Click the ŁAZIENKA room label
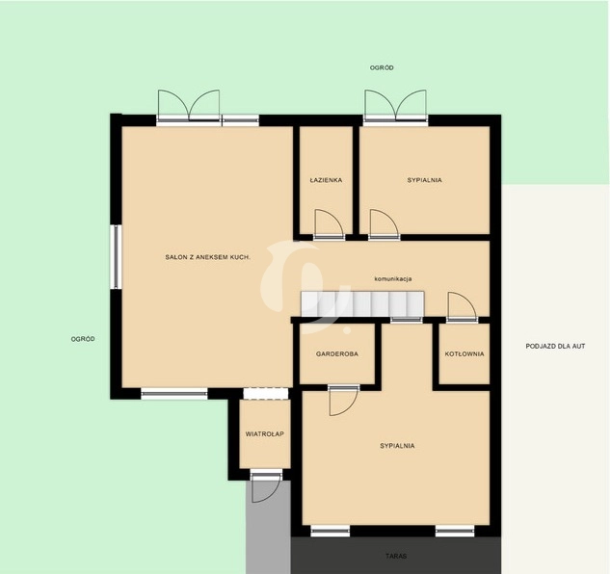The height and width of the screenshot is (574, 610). point(326,180)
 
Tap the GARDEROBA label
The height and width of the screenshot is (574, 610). point(337,353)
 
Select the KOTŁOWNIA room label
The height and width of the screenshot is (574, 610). point(464,353)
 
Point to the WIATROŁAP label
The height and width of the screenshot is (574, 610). point(265,434)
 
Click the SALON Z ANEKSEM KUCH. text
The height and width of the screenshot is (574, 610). point(207,257)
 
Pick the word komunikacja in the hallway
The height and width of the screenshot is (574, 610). point(393,279)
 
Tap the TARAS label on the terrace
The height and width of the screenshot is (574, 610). point(396,556)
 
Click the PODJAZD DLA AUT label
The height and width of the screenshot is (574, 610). point(555,346)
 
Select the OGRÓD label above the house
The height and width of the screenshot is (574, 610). point(382,67)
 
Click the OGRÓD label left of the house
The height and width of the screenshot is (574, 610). point(83,339)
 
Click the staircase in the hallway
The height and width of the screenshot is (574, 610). point(362,303)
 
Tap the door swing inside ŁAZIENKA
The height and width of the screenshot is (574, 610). point(330,223)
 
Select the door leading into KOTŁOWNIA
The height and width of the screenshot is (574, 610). point(463,306)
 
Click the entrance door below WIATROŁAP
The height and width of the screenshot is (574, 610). point(266,487)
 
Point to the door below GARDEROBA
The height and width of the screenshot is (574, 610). point(343,402)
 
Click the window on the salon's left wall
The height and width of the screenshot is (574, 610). point(116,257)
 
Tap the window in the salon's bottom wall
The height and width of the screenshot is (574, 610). point(174,394)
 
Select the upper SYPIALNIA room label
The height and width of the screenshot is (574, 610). point(424,180)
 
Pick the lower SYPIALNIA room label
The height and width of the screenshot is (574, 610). point(397,446)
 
